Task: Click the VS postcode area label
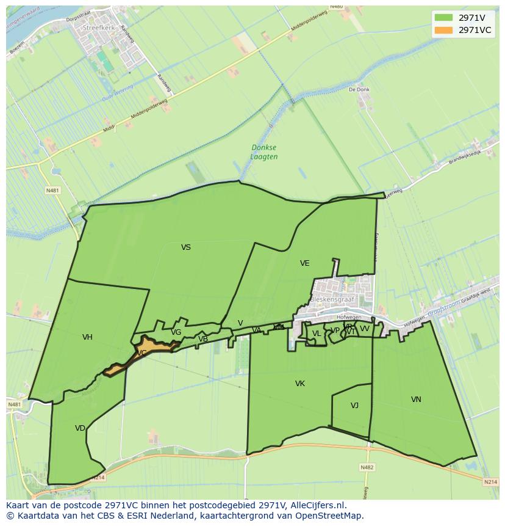tap(186, 247)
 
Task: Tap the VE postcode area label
tap(304, 263)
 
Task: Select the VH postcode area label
tap(87, 337)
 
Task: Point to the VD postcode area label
tap(80, 428)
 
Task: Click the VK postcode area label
tap(299, 384)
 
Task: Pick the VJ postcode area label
tap(354, 406)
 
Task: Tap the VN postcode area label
tap(416, 400)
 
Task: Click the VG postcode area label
tap(176, 332)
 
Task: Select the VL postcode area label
tap(316, 334)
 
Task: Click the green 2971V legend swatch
tap(444, 18)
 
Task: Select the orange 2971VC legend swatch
tap(444, 30)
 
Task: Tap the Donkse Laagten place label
tap(264, 152)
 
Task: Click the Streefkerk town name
tap(99, 27)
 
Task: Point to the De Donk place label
tap(359, 89)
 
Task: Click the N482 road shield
tap(367, 467)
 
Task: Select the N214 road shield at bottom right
tap(490, 482)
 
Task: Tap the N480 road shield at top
tap(336, 7)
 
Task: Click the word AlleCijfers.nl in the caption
tap(315, 505)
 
